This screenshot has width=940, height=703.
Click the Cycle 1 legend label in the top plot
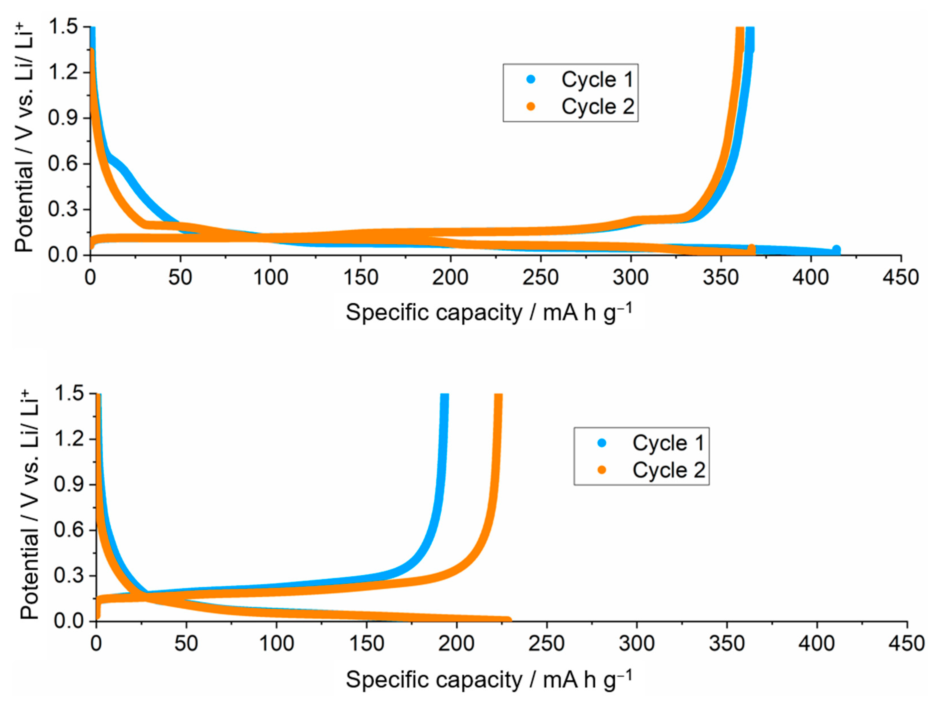pos(597,80)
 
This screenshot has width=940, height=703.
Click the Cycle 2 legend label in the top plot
pos(597,106)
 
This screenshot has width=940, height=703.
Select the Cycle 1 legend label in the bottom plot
pos(668,443)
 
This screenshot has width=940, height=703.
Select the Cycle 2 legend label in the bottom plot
pos(668,470)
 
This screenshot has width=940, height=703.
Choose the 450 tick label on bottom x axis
pos(906,643)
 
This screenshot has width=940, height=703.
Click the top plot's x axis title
pos(489,312)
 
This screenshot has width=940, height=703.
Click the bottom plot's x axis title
pos(489,679)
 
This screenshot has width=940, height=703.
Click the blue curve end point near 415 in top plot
pos(836,250)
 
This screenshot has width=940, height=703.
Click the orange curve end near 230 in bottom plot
pos(509,620)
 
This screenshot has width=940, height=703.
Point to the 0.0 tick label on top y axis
pos(63,255)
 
